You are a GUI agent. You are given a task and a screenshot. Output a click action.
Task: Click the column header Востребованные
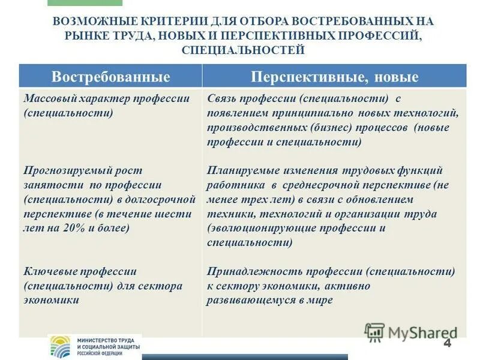(111, 77)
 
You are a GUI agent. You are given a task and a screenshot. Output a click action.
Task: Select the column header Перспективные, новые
(334, 77)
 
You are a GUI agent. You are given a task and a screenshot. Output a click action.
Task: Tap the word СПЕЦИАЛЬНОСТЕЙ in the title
(243, 50)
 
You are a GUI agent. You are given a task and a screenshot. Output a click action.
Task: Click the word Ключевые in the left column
(48, 271)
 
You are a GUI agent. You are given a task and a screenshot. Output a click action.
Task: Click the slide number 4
(447, 343)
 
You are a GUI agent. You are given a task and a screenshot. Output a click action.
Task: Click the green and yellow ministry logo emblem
(61, 347)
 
